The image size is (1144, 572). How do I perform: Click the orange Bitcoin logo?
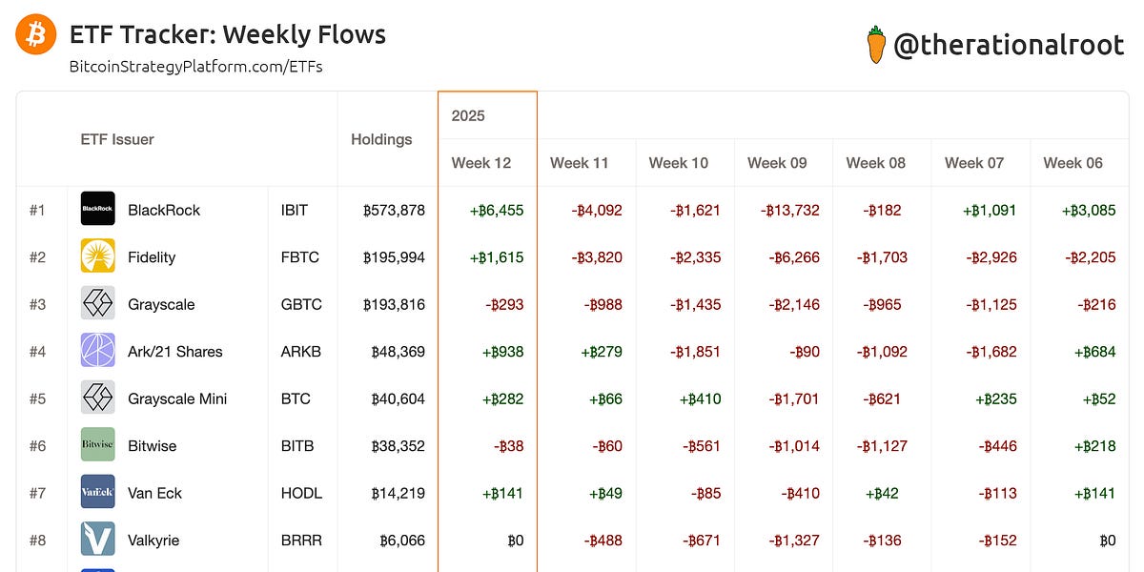point(36,35)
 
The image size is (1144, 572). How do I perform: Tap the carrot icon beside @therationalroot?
point(876,45)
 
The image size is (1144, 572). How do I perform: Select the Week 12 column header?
point(481,163)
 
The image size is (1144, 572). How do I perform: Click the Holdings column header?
point(381,139)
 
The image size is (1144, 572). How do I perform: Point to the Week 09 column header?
point(777,163)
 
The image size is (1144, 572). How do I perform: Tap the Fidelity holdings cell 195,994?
point(394,257)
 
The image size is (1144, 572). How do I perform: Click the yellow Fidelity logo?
point(98,256)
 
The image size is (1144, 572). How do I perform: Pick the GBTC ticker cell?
point(301,305)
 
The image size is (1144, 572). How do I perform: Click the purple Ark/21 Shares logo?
point(98,351)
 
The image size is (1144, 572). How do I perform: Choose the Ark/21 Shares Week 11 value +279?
point(602,352)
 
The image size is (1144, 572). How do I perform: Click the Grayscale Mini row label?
point(177,398)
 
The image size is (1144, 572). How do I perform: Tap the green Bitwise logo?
point(98,445)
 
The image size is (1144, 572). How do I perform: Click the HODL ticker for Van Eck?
point(301,493)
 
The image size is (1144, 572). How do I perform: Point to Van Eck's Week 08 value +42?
point(884,493)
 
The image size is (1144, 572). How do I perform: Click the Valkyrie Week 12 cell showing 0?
point(515,541)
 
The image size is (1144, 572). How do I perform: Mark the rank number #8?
point(37,541)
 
